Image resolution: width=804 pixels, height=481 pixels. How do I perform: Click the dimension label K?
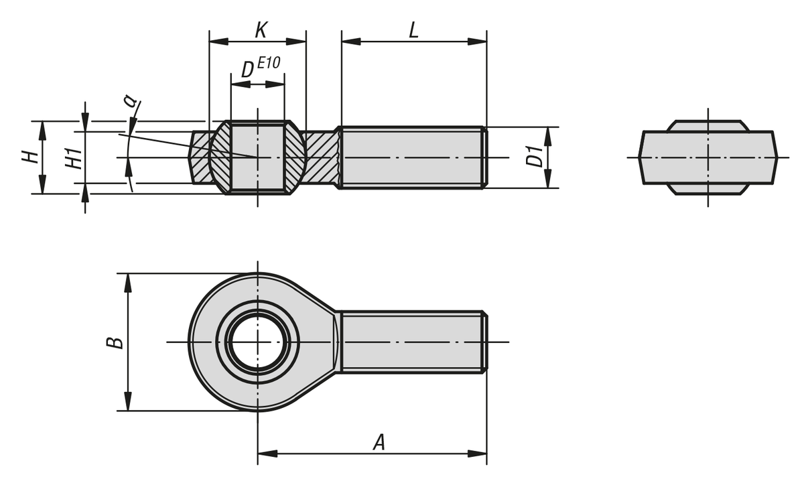tap(261, 30)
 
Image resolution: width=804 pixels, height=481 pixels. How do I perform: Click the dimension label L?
tap(413, 30)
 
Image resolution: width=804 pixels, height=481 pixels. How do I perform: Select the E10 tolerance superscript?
tap(268, 63)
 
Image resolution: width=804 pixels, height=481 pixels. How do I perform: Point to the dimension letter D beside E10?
tap(247, 69)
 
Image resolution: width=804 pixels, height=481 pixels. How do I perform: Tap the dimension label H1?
tap(74, 158)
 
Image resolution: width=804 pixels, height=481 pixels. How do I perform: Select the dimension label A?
tap(379, 442)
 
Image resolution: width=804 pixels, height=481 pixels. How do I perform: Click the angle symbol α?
tap(130, 101)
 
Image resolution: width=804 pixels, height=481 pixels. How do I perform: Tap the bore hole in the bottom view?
tap(257, 342)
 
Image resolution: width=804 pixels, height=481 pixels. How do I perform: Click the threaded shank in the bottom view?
tap(412, 342)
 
